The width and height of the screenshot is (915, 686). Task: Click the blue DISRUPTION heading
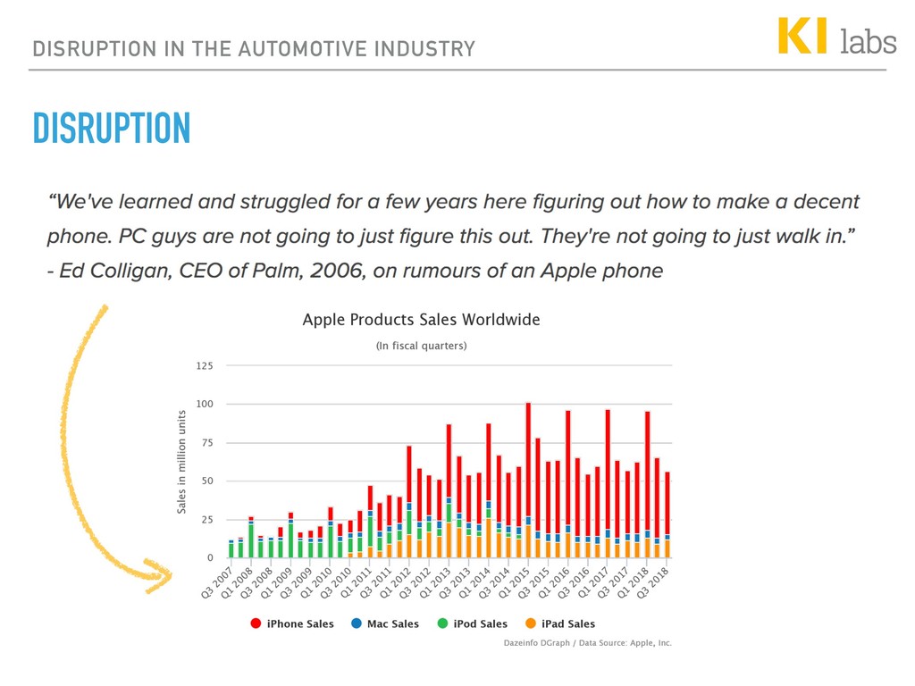tap(112, 129)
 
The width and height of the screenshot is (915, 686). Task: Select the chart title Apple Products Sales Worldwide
tap(421, 319)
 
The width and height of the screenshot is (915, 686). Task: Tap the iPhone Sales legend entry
tap(292, 623)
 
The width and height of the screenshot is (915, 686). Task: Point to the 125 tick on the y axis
tap(205, 366)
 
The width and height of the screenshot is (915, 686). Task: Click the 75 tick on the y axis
tap(206, 443)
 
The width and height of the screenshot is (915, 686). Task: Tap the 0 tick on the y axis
tap(210, 558)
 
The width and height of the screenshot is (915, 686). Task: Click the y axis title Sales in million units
tap(181, 462)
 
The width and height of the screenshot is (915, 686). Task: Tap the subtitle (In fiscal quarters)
tap(421, 346)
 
